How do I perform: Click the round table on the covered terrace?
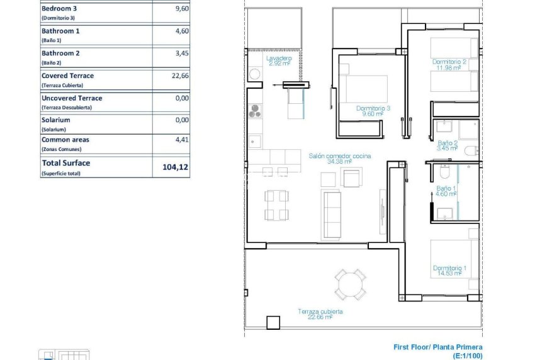(349, 284)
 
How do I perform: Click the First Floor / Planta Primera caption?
(438, 347)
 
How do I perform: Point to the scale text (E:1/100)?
(467, 356)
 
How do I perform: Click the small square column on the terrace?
(274, 322)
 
